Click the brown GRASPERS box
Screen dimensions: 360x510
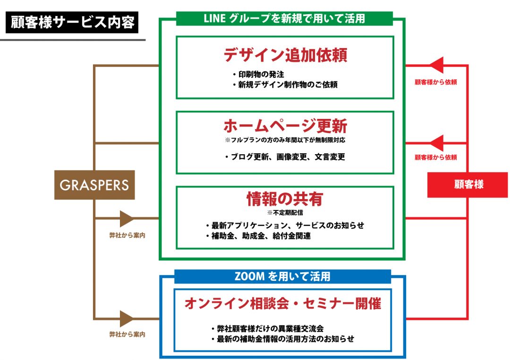click(x=94, y=184)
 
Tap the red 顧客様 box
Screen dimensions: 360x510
click(x=467, y=184)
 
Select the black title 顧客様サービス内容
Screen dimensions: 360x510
click(x=72, y=22)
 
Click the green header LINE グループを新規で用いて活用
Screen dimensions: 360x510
click(x=284, y=18)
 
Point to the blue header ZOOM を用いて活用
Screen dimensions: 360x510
click(x=282, y=276)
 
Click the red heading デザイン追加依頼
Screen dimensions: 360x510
click(x=285, y=55)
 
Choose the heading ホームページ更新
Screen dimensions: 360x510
click(x=285, y=126)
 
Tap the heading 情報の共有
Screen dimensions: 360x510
click(x=284, y=199)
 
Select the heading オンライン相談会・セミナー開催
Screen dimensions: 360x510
click(x=282, y=304)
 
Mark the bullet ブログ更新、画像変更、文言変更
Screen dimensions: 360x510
click(x=285, y=157)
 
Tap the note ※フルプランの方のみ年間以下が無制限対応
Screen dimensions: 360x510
click(x=285, y=140)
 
